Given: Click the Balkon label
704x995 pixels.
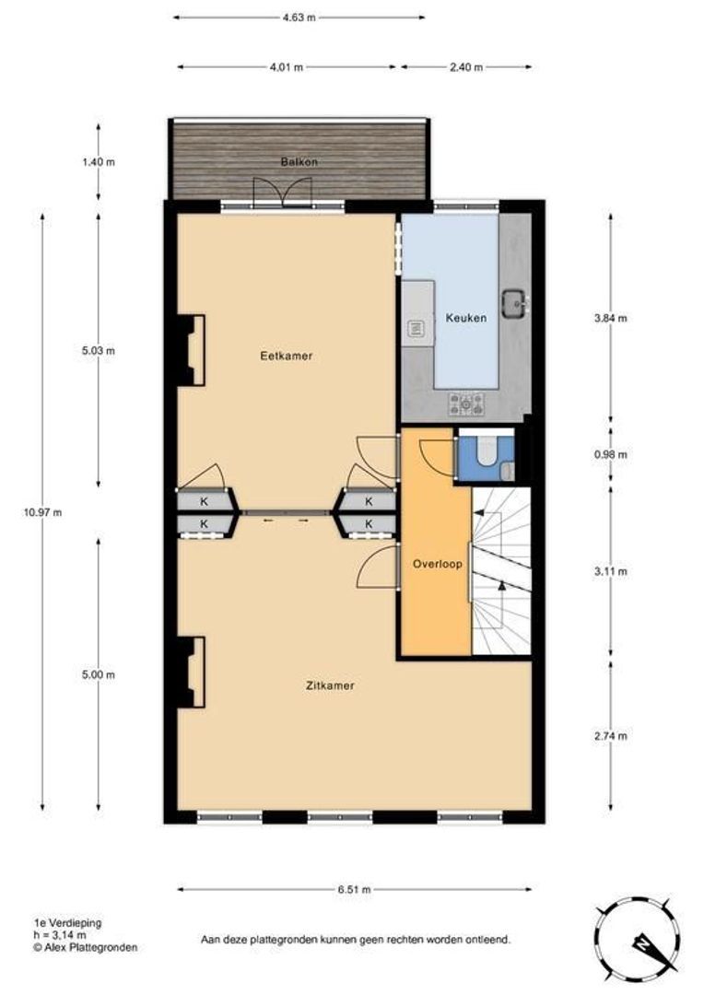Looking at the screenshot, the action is point(299,162).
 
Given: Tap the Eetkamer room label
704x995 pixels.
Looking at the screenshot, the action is point(287,356).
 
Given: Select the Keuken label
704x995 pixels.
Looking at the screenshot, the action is point(466,318).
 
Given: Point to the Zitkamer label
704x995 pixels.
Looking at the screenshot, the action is point(330,685).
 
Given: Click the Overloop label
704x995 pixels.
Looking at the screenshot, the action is point(438,564).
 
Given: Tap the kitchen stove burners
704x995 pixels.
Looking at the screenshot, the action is point(466,404).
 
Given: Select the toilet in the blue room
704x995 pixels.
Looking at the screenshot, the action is point(487,451).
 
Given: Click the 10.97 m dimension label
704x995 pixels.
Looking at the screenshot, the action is point(42,513).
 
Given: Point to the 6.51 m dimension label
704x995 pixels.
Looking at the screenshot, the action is point(354,890).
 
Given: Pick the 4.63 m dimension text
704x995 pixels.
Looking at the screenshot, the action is point(299,18).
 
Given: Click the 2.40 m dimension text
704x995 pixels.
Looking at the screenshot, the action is point(466,67).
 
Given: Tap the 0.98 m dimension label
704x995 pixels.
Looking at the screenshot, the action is point(611,454).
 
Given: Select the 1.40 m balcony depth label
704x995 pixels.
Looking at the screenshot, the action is point(99,162).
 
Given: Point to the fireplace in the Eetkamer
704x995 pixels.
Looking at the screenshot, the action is point(191,350).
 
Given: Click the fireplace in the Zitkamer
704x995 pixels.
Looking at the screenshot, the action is point(191,672).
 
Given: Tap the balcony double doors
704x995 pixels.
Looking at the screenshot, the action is point(283,193).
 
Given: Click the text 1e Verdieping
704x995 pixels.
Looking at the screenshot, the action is point(68,923).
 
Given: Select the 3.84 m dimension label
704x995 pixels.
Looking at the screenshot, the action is point(611,319).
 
